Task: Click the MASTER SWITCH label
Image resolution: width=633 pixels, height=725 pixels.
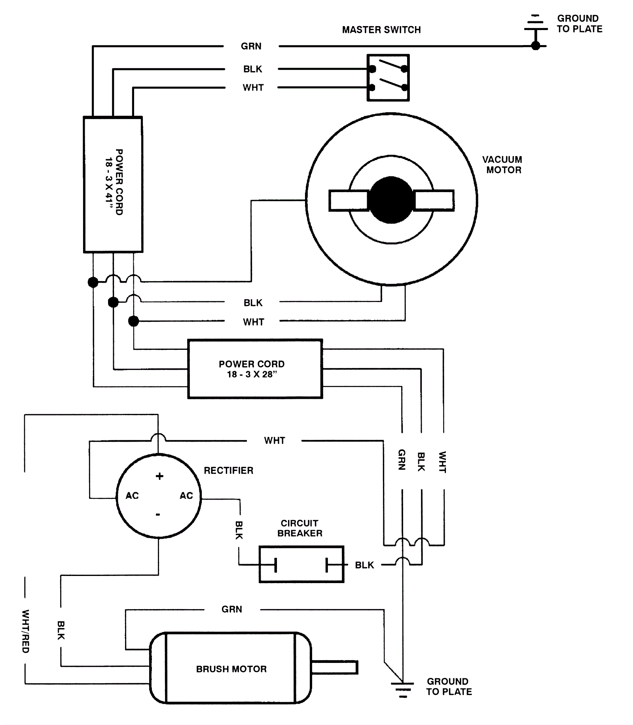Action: click(381, 30)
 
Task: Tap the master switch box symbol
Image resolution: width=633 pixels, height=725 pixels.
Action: click(388, 78)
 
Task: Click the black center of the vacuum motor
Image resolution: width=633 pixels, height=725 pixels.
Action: click(391, 200)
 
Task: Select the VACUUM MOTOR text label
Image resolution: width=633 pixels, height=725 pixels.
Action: click(502, 165)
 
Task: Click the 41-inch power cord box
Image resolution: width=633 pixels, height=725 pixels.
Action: click(113, 184)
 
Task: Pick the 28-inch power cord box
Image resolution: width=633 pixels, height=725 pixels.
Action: click(255, 369)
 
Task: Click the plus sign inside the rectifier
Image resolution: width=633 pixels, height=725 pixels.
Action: click(159, 476)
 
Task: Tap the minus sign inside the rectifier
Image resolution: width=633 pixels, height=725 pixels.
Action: click(158, 514)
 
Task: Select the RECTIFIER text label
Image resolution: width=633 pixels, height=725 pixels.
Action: click(229, 470)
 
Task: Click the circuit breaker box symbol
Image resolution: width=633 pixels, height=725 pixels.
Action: click(301, 565)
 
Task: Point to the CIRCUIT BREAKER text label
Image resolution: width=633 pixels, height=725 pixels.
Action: click(300, 528)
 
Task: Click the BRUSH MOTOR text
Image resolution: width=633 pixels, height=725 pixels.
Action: click(231, 669)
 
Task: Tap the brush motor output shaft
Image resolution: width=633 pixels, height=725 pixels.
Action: click(335, 667)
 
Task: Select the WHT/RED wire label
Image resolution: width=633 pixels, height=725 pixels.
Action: click(25, 631)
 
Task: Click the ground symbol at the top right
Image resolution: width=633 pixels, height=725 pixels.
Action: click(536, 30)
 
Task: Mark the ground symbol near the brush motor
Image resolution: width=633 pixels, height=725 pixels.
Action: click(403, 689)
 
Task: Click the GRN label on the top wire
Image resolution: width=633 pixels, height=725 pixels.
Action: click(251, 46)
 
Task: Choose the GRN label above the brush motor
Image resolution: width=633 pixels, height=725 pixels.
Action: click(232, 609)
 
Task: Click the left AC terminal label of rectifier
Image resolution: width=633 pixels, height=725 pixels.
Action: click(132, 496)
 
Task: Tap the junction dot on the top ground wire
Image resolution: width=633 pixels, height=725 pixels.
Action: click(536, 46)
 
